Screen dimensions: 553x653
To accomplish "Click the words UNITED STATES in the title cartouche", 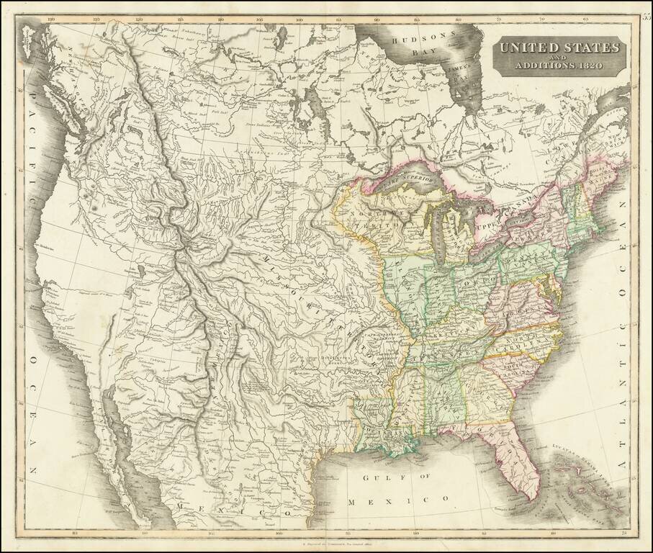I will (x=559, y=48).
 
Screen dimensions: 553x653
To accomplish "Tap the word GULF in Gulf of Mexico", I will (x=377, y=477).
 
